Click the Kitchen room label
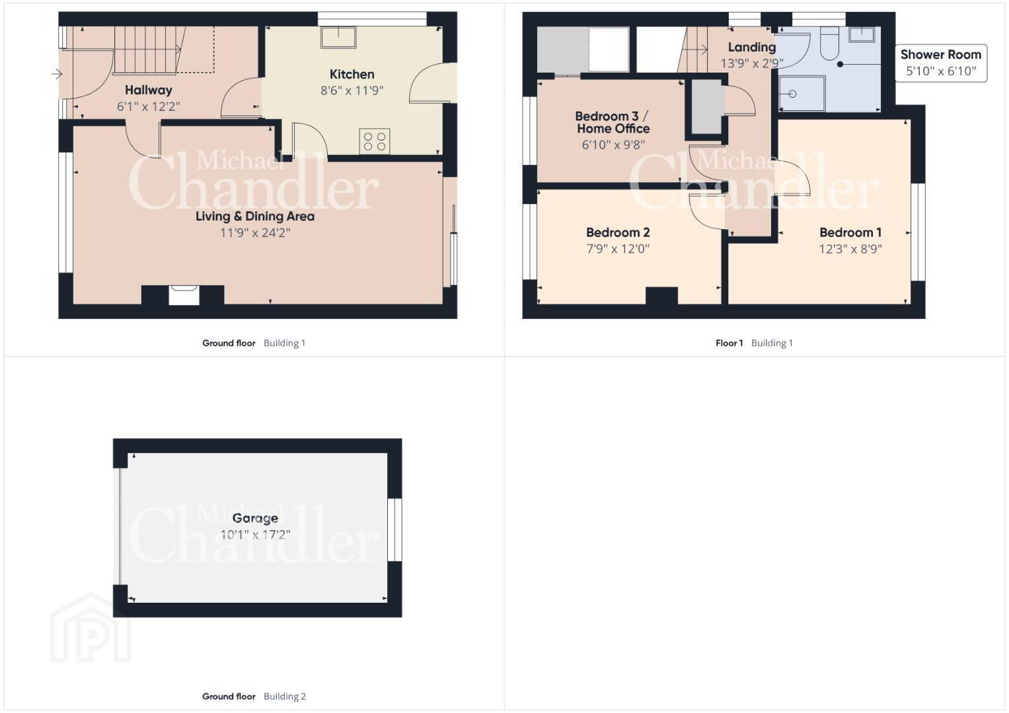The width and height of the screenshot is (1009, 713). (352, 74)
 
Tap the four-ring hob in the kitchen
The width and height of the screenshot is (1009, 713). (375, 141)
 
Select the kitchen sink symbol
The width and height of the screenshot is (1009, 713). (338, 38)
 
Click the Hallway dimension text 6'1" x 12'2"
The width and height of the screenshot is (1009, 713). (149, 107)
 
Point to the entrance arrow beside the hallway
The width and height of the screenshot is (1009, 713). (56, 73)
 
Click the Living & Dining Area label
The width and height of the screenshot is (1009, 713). (255, 217)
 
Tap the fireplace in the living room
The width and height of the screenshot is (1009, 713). (184, 295)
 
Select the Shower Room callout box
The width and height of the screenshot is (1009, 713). (941, 63)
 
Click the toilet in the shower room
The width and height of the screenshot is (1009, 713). (829, 43)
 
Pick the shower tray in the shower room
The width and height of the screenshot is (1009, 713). (802, 94)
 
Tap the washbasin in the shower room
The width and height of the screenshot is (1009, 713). (862, 34)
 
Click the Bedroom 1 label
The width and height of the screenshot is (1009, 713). (850, 232)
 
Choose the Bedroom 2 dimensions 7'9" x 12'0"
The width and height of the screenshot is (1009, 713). (618, 249)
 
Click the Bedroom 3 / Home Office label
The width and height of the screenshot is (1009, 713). (613, 122)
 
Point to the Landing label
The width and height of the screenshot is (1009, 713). (752, 48)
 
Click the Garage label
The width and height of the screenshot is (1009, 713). (255, 518)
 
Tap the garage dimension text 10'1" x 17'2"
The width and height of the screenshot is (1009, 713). (255, 535)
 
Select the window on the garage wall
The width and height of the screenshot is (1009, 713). (394, 529)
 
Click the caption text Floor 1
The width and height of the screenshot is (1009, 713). (729, 343)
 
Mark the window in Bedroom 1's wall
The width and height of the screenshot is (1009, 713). (918, 232)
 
